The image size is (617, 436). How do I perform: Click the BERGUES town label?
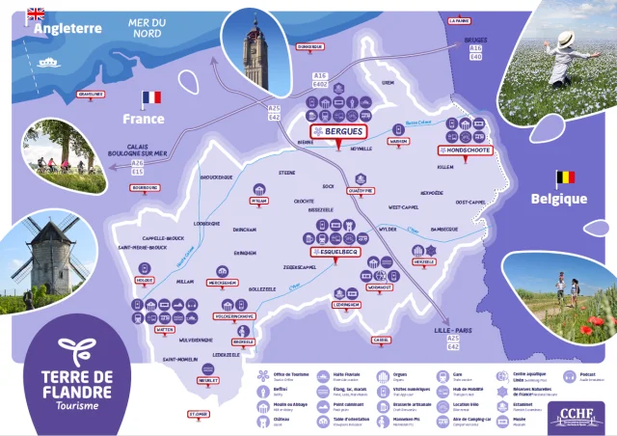click(337, 131)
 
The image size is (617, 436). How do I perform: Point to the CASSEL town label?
click(381, 340)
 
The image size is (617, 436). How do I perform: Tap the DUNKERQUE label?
click(309, 46)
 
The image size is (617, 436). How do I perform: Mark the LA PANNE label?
click(461, 19)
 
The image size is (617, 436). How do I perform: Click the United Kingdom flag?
click(36, 14)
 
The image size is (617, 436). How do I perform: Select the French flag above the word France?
click(151, 98)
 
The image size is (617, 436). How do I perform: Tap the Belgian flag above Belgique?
click(566, 177)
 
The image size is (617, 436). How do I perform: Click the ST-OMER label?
click(198, 414)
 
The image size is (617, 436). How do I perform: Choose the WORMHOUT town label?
click(380, 287)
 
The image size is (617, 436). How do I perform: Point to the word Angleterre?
click(68, 30)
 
